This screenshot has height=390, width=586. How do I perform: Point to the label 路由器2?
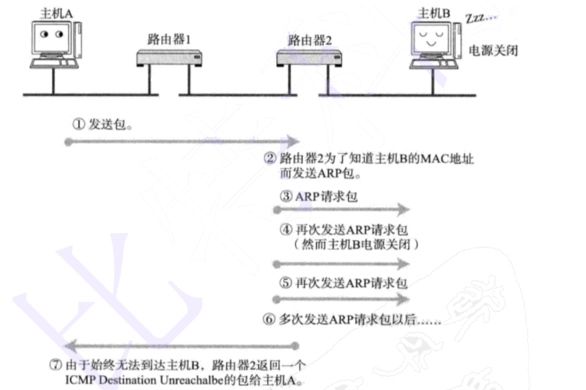click(x=309, y=41)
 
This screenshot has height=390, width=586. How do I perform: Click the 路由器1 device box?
click(x=169, y=58)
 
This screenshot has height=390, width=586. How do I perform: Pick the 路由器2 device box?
click(x=309, y=58)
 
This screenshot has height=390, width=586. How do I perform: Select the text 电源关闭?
click(x=493, y=50)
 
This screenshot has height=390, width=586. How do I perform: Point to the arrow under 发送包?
click(x=182, y=141)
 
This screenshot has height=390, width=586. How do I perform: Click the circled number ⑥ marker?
click(x=269, y=320)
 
